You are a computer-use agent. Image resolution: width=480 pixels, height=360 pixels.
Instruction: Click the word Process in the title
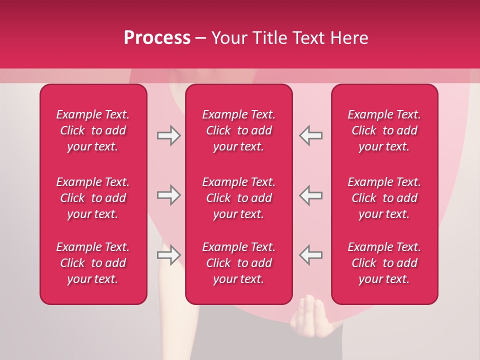(x=157, y=38)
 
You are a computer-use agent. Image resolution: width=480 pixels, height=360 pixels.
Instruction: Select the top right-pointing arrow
(x=169, y=135)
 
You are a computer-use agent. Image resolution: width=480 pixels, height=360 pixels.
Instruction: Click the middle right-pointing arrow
(x=169, y=195)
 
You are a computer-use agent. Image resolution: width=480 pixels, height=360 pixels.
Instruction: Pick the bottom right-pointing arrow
(x=169, y=254)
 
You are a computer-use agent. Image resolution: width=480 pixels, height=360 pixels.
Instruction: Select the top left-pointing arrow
(x=310, y=135)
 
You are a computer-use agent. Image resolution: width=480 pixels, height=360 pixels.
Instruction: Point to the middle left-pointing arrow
(x=310, y=195)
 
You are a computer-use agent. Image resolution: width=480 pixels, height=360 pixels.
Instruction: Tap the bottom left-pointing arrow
(x=310, y=254)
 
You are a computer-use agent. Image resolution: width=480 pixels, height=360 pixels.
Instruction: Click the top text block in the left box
(x=93, y=130)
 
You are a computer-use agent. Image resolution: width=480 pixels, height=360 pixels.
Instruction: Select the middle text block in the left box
(x=93, y=198)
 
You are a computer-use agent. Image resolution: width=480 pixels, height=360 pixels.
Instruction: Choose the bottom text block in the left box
(x=93, y=263)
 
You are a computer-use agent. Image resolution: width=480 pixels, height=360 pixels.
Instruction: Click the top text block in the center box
(x=238, y=130)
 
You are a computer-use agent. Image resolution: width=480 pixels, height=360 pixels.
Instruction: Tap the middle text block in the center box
(x=238, y=198)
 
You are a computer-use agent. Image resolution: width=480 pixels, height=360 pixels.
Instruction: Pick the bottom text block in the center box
(x=238, y=263)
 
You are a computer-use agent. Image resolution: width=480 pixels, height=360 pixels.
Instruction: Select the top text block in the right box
(x=384, y=130)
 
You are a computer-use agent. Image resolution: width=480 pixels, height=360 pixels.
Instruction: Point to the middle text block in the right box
(x=384, y=198)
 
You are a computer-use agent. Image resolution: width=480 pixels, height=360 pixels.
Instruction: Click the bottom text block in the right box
(x=384, y=263)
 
